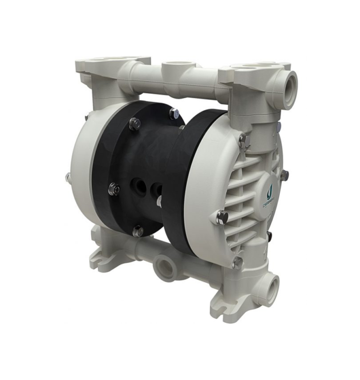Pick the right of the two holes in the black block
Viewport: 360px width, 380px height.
point(157,189)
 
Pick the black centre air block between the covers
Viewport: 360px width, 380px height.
point(148,163)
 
